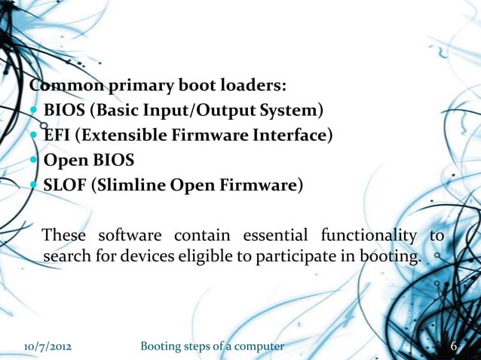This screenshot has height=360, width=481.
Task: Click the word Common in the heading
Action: [60, 85]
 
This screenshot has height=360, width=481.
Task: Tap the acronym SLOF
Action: [65, 185]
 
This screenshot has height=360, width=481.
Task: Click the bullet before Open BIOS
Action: [35, 160]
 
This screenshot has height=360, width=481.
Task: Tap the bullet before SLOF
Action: [35, 185]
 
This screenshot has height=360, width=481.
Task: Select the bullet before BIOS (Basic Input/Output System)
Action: [35, 111]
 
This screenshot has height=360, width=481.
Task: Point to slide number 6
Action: [454, 346]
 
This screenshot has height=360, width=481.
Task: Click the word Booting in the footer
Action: [164, 346]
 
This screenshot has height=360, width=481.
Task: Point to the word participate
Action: [293, 257]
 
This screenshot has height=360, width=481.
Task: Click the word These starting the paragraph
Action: [64, 235]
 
